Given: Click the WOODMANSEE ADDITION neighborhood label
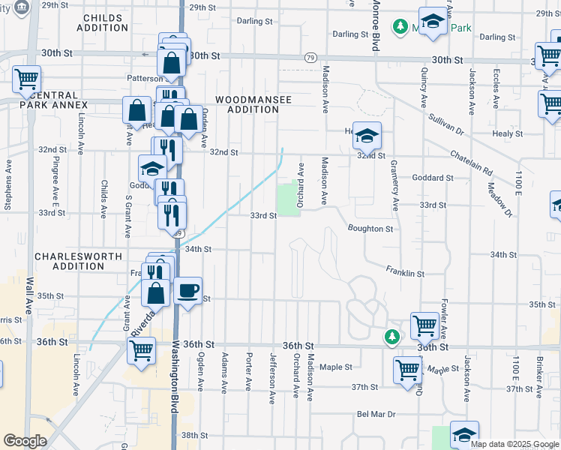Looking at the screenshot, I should (247, 104).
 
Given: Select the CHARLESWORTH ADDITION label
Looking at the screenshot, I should (78, 261).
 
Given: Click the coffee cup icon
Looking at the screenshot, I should (187, 289).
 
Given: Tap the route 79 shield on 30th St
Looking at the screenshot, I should (310, 57).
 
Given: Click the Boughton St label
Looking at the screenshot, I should (370, 229).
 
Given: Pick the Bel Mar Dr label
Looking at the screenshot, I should (376, 413).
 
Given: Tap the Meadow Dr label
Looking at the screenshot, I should (499, 199).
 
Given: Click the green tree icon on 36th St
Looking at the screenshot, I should (391, 337).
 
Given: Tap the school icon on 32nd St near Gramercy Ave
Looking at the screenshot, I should (367, 136).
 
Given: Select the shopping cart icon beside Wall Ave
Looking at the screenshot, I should (26, 77).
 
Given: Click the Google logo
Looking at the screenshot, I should (25, 441).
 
